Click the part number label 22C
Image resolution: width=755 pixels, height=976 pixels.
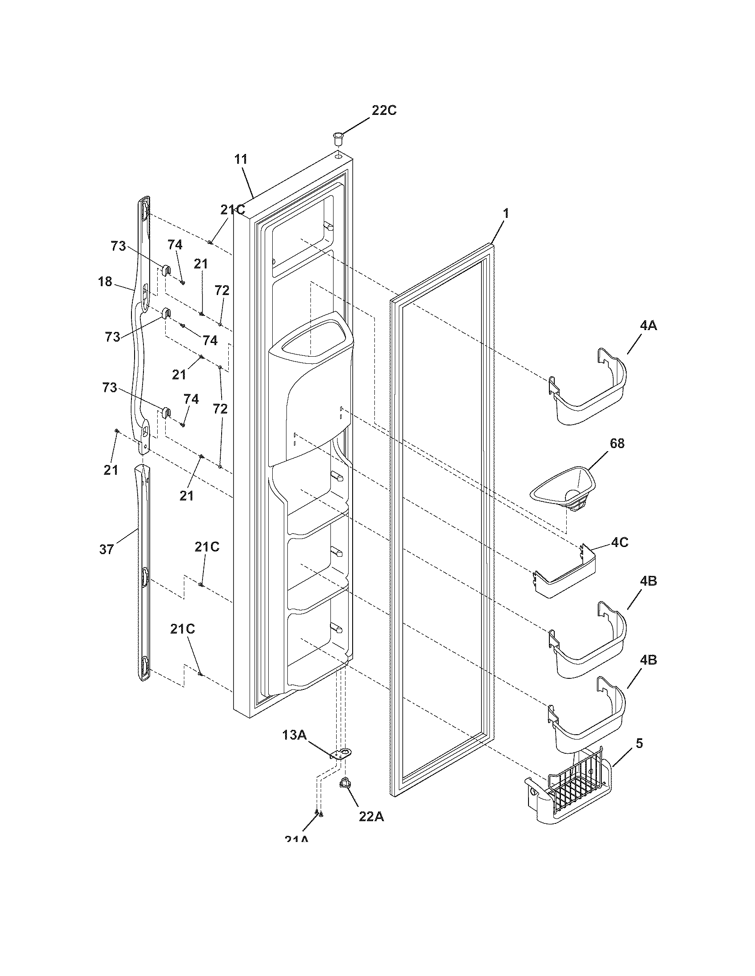384,110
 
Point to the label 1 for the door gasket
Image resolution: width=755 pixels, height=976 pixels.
506,214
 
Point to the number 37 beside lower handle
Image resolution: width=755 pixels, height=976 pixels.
107,549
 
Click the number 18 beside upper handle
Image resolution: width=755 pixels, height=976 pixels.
105,282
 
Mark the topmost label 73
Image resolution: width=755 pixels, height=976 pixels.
119,246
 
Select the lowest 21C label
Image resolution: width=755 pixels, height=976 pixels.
183,629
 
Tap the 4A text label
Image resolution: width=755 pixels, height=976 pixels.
648,326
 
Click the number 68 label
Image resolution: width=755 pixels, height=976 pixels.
617,443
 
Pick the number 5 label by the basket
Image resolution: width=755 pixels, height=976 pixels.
639,744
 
